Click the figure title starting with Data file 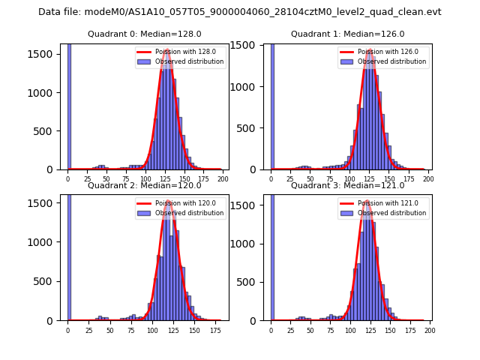pos(240,12)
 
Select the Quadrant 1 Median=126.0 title pos(347,34)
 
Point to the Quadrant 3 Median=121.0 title pos(347,185)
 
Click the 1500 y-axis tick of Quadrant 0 pos(45,54)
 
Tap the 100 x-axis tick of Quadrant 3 pos(350,330)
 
